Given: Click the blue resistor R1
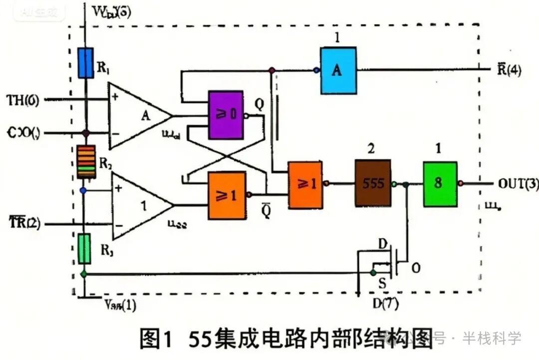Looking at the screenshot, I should (86, 63).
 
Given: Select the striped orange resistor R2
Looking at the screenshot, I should (86, 162).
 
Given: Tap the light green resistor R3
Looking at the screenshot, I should (85, 248).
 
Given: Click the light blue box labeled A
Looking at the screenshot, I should (338, 70).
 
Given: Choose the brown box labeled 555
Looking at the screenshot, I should (373, 183).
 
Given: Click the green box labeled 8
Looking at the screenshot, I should (439, 184).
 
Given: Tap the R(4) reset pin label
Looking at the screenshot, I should (509, 70).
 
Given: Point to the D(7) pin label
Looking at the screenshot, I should (385, 303).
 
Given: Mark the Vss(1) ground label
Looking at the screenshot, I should (120, 305).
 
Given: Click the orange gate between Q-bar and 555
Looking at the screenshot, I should (304, 184).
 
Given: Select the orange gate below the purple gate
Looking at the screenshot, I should (227, 195).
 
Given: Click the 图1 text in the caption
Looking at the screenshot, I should (156, 340).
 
